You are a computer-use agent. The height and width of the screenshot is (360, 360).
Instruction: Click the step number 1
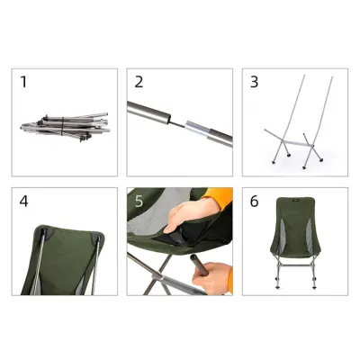[24, 82]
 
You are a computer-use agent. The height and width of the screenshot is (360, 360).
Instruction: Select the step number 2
[139, 82]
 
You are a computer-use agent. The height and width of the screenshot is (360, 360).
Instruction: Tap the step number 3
[255, 82]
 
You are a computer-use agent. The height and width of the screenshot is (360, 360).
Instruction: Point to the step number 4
[24, 201]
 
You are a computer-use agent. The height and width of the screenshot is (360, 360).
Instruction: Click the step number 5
[139, 201]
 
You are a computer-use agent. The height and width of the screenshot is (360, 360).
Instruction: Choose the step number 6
[255, 201]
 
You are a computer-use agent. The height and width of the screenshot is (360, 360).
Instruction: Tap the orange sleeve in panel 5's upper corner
[220, 199]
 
